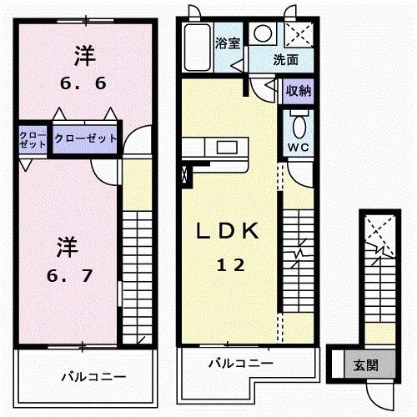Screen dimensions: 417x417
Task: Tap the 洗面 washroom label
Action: [287, 60]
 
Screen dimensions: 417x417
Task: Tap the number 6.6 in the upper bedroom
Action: [83, 83]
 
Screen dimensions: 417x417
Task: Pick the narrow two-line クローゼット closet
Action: [33, 138]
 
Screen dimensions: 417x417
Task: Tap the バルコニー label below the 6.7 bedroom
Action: [93, 377]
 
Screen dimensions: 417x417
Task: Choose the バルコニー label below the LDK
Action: [239, 364]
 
